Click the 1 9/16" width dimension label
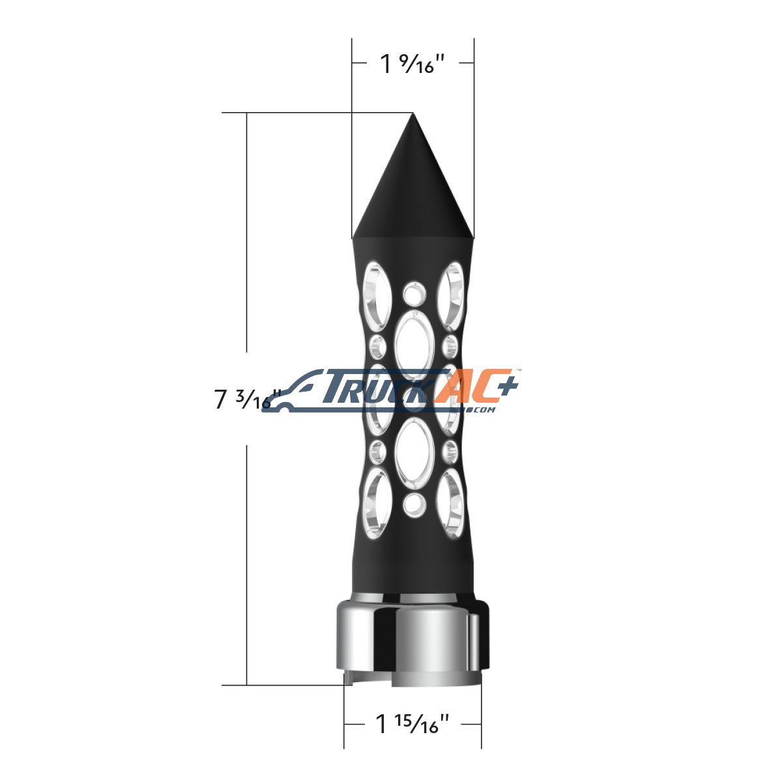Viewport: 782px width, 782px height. point(413,63)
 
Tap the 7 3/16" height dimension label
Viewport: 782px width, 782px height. point(247,399)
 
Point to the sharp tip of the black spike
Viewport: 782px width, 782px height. point(413,113)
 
